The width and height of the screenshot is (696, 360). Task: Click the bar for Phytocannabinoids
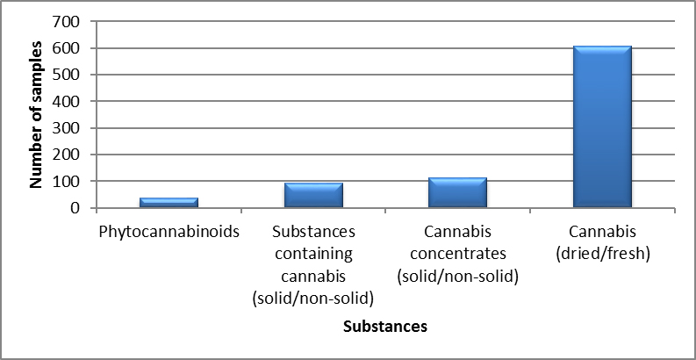[169, 203]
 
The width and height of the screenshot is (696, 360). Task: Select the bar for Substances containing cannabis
[313, 195]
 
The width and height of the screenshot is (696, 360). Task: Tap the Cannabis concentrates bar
[458, 192]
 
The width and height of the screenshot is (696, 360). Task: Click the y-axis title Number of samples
[37, 114]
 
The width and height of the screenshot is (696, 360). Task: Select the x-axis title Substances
[385, 327]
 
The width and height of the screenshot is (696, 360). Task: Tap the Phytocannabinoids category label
[169, 234]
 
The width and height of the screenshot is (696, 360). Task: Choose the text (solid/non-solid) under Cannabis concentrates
[458, 276]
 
